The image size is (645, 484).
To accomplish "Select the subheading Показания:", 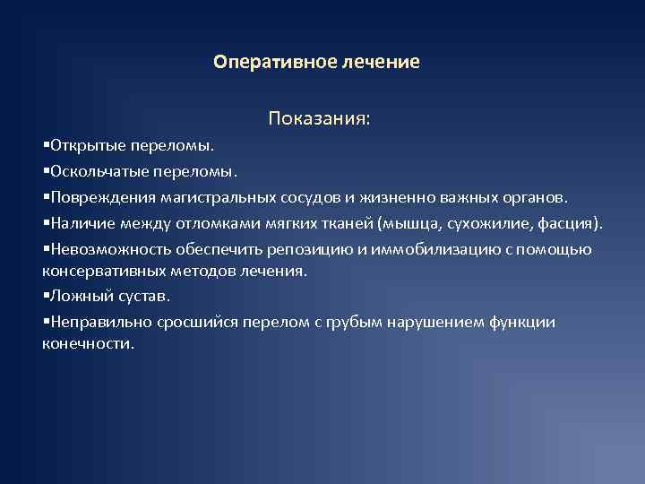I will point(319,118).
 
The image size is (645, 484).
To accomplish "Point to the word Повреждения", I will point(102,196).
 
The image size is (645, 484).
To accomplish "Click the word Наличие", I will point(82,222).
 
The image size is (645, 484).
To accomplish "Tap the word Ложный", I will point(80,295).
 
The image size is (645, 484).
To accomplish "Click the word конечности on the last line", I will point(87,342).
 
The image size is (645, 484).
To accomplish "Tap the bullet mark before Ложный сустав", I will point(46,296).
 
